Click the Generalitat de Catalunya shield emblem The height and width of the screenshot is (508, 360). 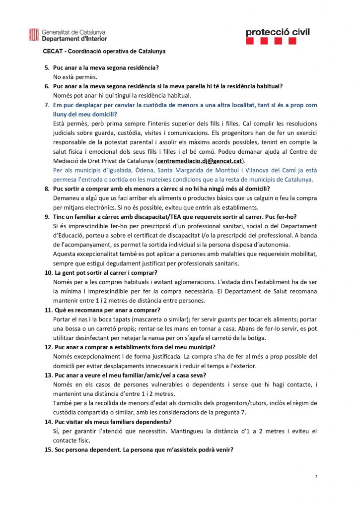pos(34,35)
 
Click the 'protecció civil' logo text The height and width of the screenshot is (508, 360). pos(278,32)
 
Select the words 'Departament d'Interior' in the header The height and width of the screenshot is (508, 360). pos(74,38)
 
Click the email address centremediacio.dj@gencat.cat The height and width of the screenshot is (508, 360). pos(199,161)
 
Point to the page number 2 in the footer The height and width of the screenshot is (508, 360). pos(316,477)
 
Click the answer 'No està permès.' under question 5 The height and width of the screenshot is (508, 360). pos(75,77)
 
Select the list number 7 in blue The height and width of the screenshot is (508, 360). pos(47,105)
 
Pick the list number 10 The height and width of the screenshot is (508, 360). pos(48,272)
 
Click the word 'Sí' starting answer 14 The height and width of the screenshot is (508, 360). pos(56,431)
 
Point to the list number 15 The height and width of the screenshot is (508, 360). pos(48,450)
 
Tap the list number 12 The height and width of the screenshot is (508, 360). pos(48,347)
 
